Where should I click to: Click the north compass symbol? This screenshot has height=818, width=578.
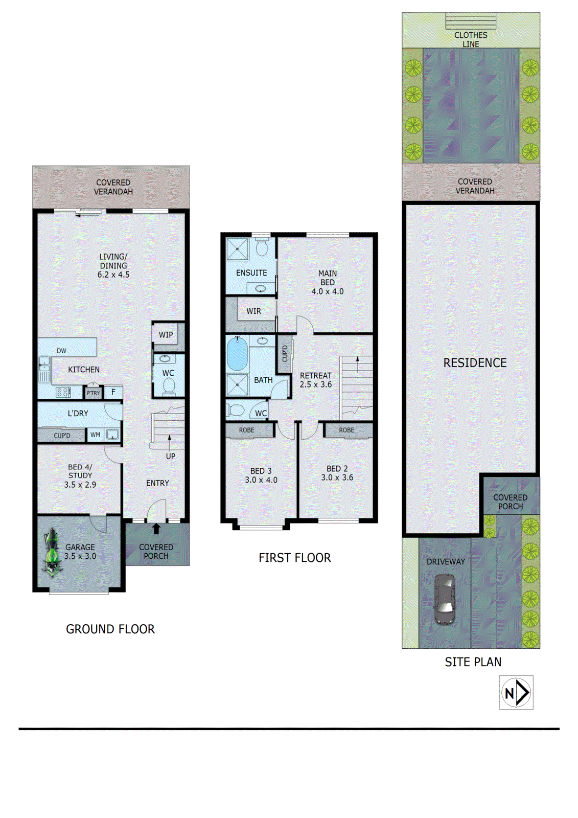(x=516, y=692)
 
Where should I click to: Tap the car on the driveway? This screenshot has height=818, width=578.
(x=445, y=599)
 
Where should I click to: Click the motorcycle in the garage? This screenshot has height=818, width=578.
(x=51, y=554)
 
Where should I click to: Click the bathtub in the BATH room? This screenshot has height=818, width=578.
(x=237, y=354)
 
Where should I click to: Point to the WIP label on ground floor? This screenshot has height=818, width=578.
(x=166, y=335)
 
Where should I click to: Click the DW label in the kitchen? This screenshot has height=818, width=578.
(x=61, y=351)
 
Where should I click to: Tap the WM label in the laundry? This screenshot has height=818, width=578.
(x=95, y=435)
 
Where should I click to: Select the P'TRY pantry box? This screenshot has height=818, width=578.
(x=93, y=393)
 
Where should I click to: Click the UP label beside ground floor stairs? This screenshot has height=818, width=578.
(x=171, y=456)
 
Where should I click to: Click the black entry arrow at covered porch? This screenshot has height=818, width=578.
(x=156, y=529)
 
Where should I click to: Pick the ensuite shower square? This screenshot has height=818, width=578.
(x=237, y=249)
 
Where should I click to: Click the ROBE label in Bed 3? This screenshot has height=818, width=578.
(x=246, y=430)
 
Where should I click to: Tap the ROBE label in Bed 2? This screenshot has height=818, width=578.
(x=346, y=430)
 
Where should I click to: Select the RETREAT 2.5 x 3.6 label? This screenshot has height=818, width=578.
(x=316, y=380)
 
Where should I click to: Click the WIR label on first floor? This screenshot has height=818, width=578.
(x=253, y=311)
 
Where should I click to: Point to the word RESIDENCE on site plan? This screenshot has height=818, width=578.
(x=475, y=363)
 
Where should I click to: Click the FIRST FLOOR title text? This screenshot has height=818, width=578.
(x=294, y=558)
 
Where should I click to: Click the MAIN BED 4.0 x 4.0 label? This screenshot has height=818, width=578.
(x=328, y=282)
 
